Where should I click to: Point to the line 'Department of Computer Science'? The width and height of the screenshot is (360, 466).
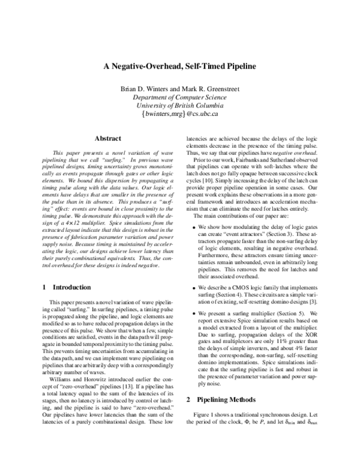(179, 97)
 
